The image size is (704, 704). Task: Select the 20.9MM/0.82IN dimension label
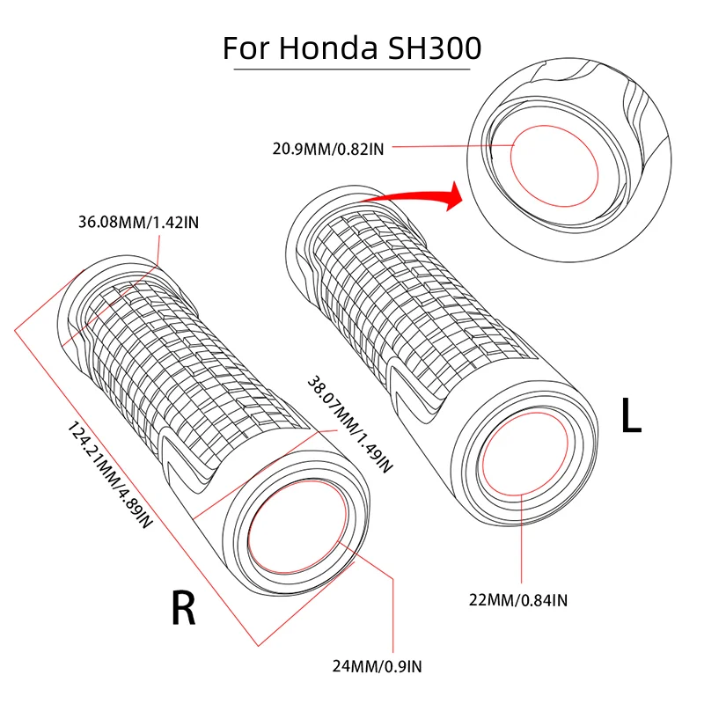pos(328,149)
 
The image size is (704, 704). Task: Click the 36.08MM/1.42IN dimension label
pos(138,222)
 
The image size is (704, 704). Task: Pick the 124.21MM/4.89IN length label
pos(110,475)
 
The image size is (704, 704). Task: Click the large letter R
pos(183,606)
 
